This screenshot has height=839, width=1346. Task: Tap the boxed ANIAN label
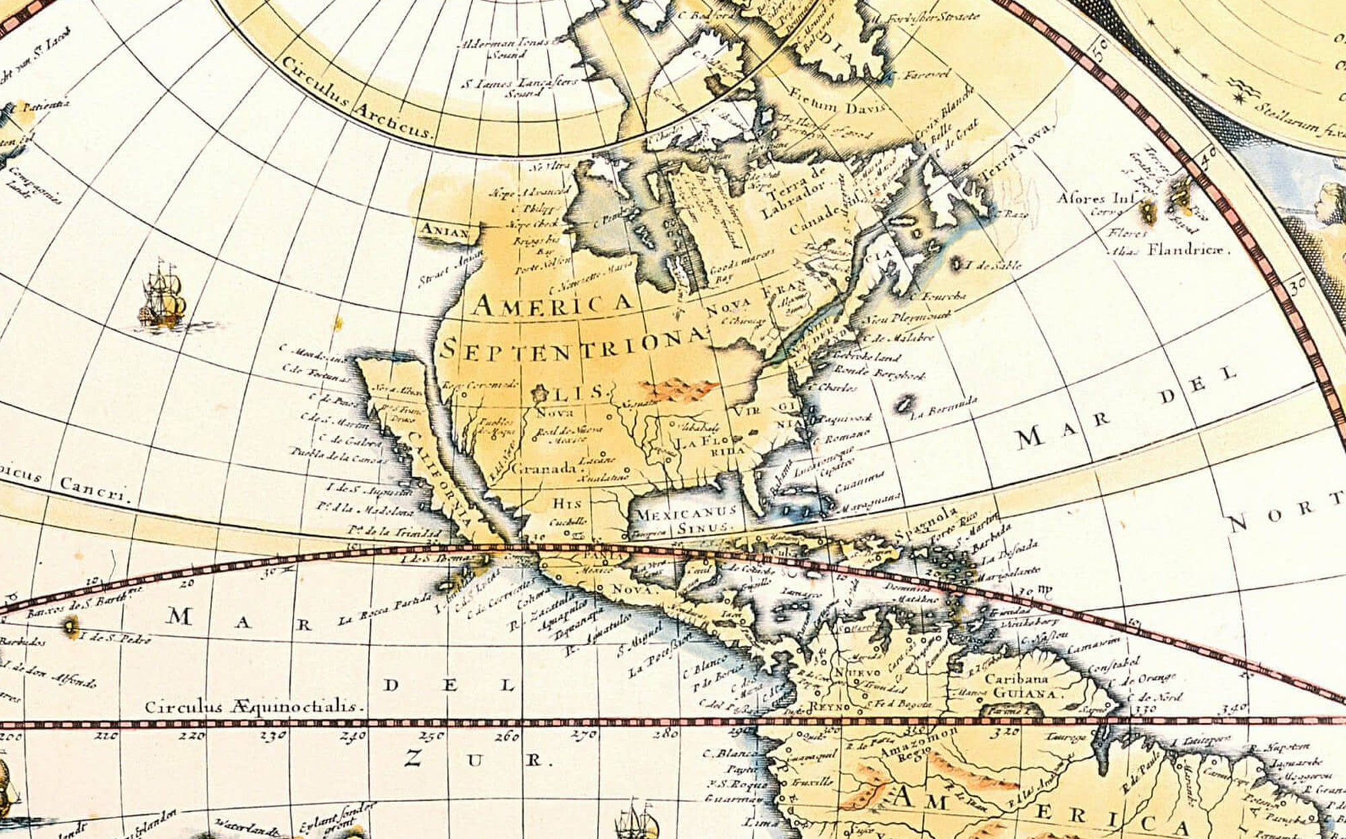pos(444,231)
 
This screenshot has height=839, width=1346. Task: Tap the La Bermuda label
pos(943,406)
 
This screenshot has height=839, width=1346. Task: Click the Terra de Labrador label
pos(794,192)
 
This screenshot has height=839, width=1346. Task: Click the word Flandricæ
pos(1188,250)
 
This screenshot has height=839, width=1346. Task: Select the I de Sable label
pos(993,264)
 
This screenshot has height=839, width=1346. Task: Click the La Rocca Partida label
pos(383,610)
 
